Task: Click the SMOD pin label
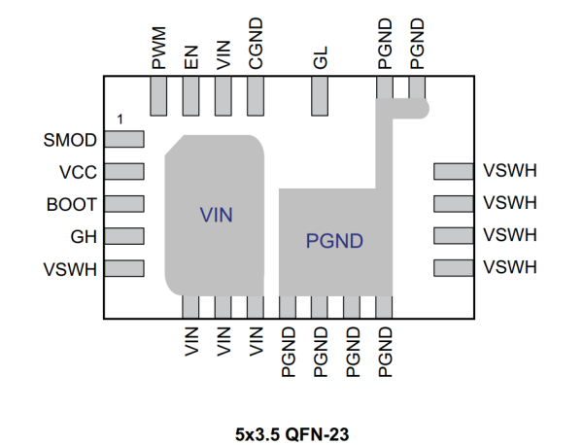click(71, 141)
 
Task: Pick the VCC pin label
click(78, 173)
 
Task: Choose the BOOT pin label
click(72, 205)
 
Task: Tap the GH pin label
click(84, 237)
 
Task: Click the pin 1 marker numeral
click(119, 119)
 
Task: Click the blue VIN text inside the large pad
click(217, 215)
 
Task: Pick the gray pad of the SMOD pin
click(123, 141)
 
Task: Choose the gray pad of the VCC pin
click(123, 173)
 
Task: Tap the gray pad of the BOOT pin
click(123, 205)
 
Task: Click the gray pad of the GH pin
click(123, 237)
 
